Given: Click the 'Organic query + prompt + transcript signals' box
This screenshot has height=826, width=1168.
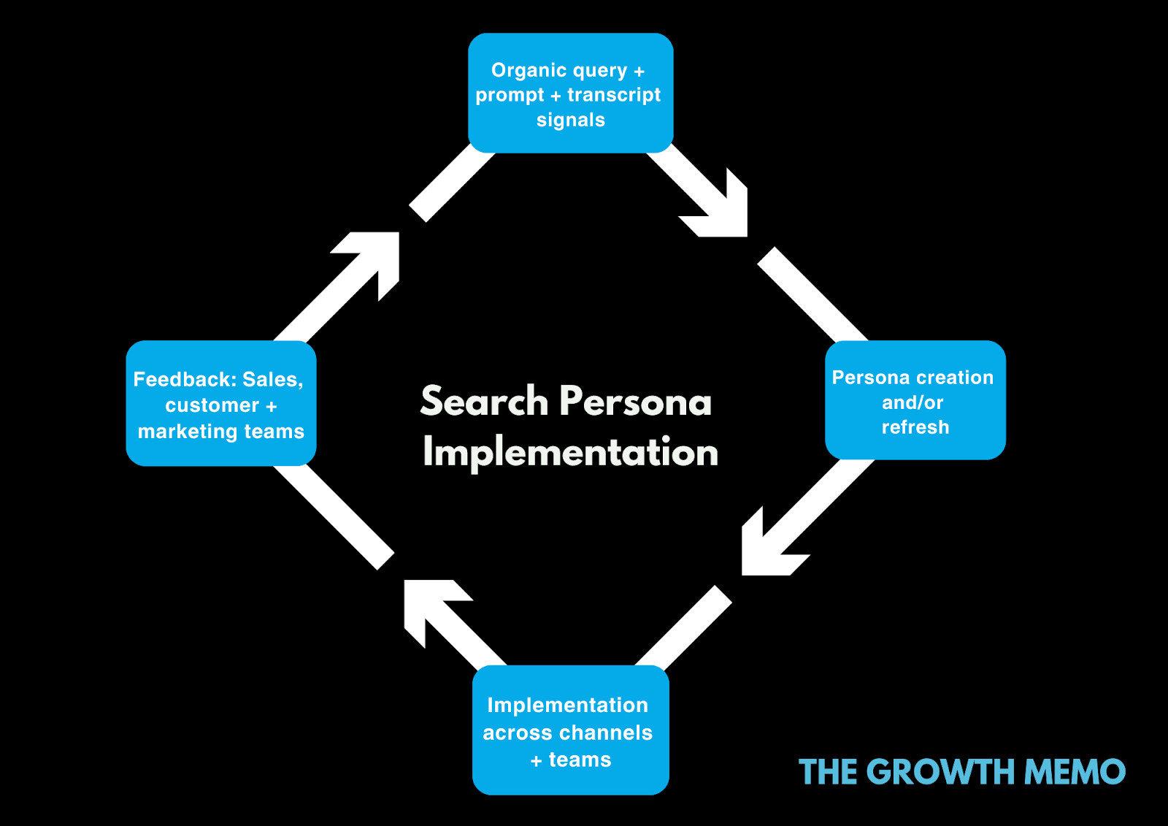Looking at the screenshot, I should pos(570,93).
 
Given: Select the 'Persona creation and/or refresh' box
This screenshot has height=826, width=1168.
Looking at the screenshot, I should pos(915,400).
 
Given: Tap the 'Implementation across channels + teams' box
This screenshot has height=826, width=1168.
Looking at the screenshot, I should pos(570,730).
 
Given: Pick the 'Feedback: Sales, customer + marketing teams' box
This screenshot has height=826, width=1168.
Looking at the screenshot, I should pos(220,403).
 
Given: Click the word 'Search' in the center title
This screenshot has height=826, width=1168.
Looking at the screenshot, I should pos(484,402).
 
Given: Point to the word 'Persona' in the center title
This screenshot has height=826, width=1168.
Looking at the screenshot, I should pos(635,402).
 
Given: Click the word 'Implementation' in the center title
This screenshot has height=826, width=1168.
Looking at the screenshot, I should pos(570,452).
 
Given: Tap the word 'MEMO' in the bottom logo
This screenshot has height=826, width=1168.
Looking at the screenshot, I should pos(1075,772).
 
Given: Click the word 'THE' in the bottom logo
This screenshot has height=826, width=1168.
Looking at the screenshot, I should pos(828,772).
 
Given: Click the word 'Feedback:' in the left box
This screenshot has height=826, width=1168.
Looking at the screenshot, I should pos(185,380).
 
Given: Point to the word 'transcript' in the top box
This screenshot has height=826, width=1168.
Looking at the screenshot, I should pos(614,95).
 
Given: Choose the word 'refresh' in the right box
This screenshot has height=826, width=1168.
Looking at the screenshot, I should pos(915,427).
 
